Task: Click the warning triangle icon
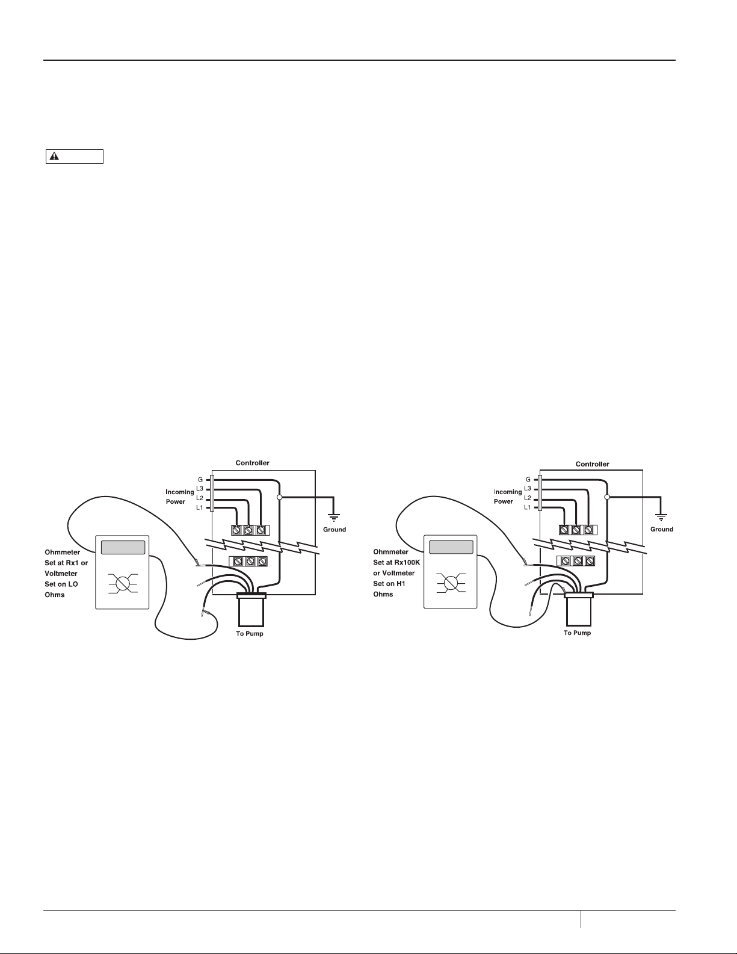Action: point(54,156)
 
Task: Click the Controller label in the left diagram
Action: point(252,463)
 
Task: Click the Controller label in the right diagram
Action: point(592,464)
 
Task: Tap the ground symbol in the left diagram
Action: point(334,516)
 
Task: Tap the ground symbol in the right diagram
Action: point(661,516)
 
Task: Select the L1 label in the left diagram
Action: point(200,507)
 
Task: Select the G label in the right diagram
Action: point(528,480)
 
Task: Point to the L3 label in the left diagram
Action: point(200,489)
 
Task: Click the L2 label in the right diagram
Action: point(528,498)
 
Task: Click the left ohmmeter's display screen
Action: point(123,548)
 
